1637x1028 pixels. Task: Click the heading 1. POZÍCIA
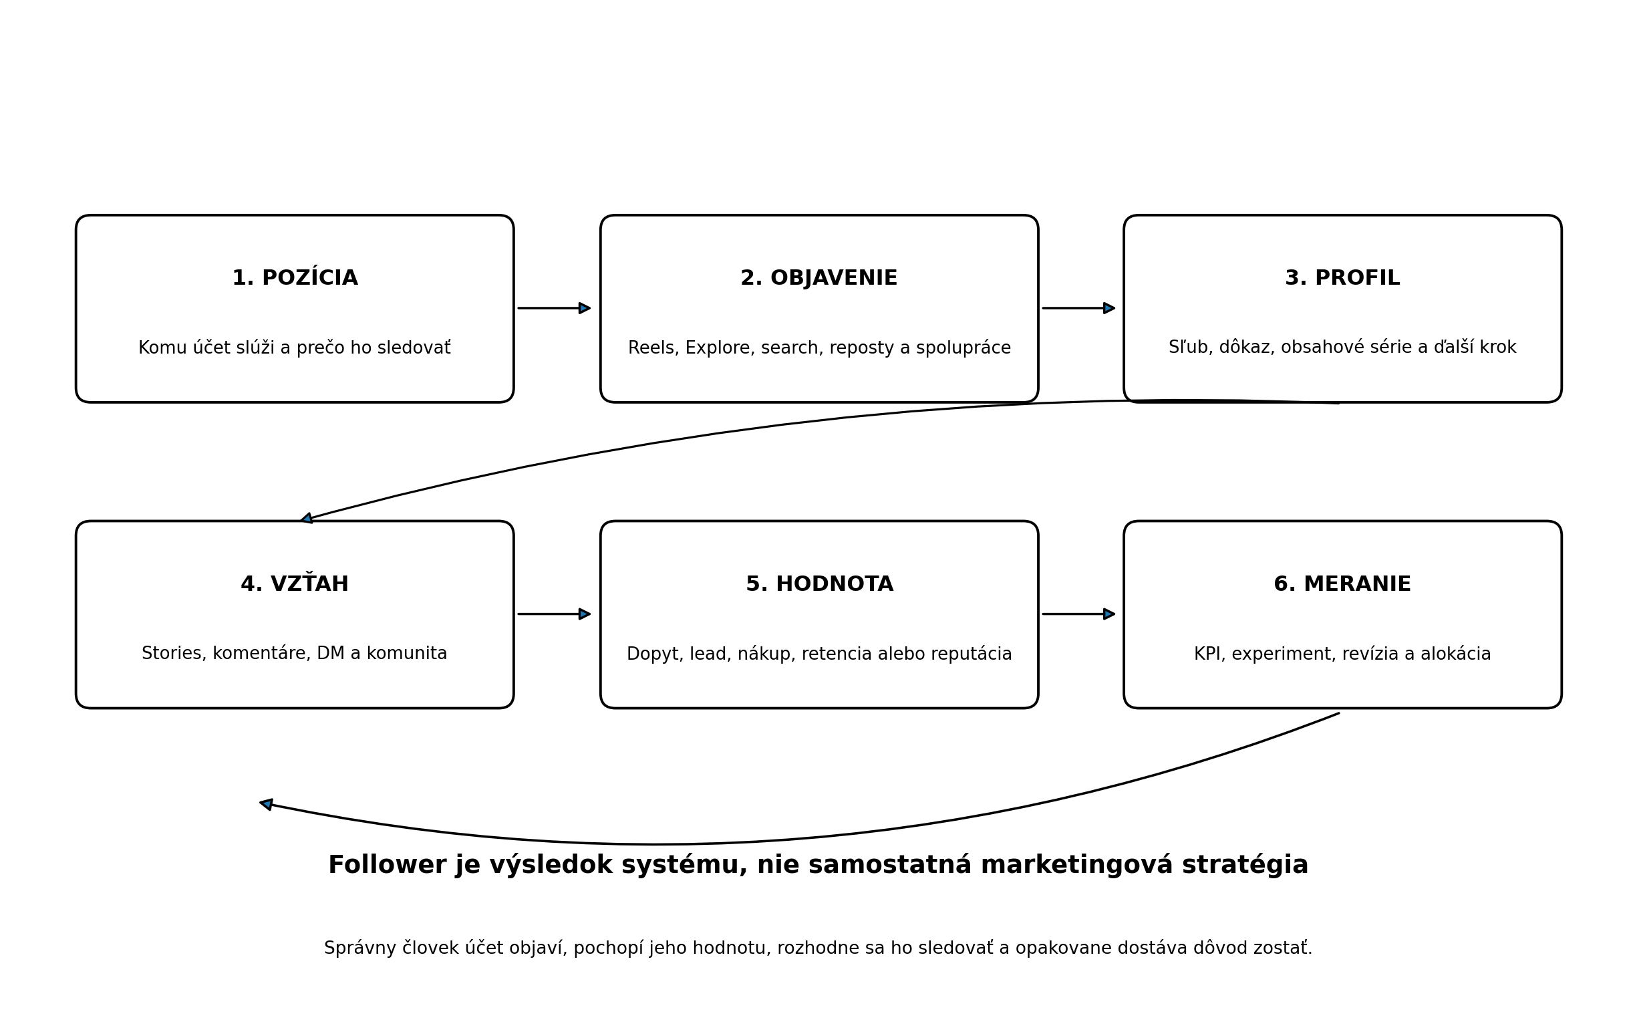click(x=295, y=278)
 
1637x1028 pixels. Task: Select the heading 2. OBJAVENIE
click(x=819, y=278)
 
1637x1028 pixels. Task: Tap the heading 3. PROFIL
click(x=1342, y=278)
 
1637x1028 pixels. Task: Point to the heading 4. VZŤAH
click(x=294, y=584)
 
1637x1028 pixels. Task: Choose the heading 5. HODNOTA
click(x=819, y=584)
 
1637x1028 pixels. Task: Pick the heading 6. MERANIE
click(x=1342, y=584)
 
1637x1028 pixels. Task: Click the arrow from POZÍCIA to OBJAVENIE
click(x=554, y=308)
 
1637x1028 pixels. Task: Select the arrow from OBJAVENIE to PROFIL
click(x=1078, y=308)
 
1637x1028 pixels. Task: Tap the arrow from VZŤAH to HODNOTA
click(x=554, y=614)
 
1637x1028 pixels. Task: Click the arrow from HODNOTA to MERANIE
click(x=1078, y=614)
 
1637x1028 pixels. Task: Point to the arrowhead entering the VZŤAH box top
click(x=307, y=519)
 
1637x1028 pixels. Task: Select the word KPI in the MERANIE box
click(x=1208, y=654)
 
